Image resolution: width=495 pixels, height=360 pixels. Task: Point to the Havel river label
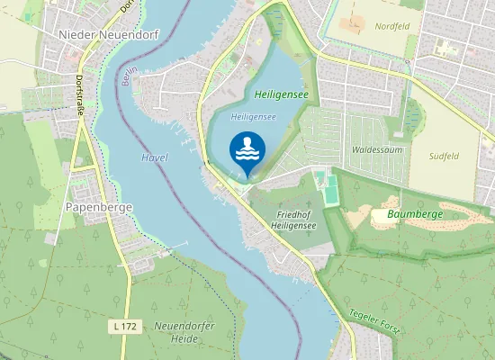(155, 157)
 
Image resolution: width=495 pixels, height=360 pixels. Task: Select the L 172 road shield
(126, 324)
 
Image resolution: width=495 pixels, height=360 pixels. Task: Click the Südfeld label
(445, 156)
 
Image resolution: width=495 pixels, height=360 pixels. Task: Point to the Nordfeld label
(392, 26)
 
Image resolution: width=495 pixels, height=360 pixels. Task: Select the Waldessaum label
(376, 148)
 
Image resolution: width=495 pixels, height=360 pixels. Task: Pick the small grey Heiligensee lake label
(253, 117)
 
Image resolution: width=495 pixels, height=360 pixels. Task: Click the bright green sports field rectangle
(333, 188)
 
